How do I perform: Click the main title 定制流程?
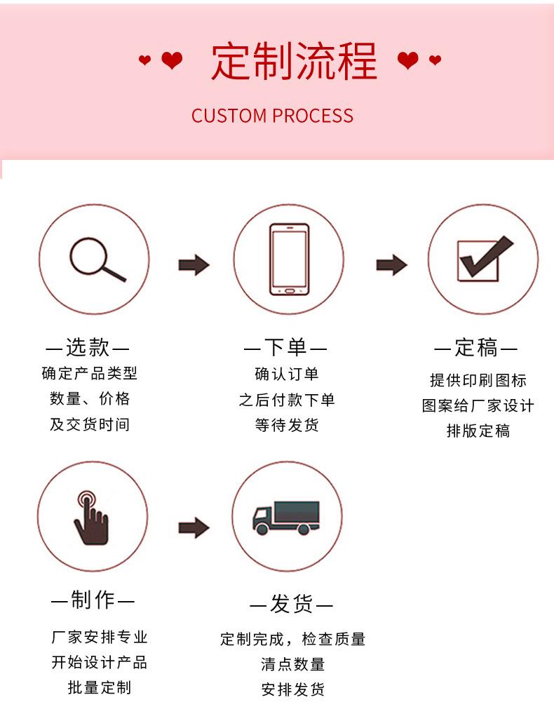tap(294, 61)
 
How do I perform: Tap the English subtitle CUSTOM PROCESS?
tap(272, 116)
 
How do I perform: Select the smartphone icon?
tap(290, 259)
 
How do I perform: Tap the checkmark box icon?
tap(483, 259)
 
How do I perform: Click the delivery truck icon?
tap(286, 518)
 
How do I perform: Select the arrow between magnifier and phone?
tap(194, 264)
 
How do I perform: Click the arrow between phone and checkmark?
tap(391, 264)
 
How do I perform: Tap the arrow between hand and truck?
tap(194, 527)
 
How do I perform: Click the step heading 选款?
tap(88, 347)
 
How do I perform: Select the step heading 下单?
tap(285, 347)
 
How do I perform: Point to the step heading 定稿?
tap(476, 347)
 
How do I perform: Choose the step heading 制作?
tap(93, 600)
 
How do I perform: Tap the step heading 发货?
tap(292, 604)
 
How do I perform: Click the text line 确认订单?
tap(287, 375)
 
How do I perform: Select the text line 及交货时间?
tap(90, 424)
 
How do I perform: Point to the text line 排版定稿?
tap(478, 431)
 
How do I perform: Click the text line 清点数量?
tap(292, 664)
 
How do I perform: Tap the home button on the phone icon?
tap(290, 291)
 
